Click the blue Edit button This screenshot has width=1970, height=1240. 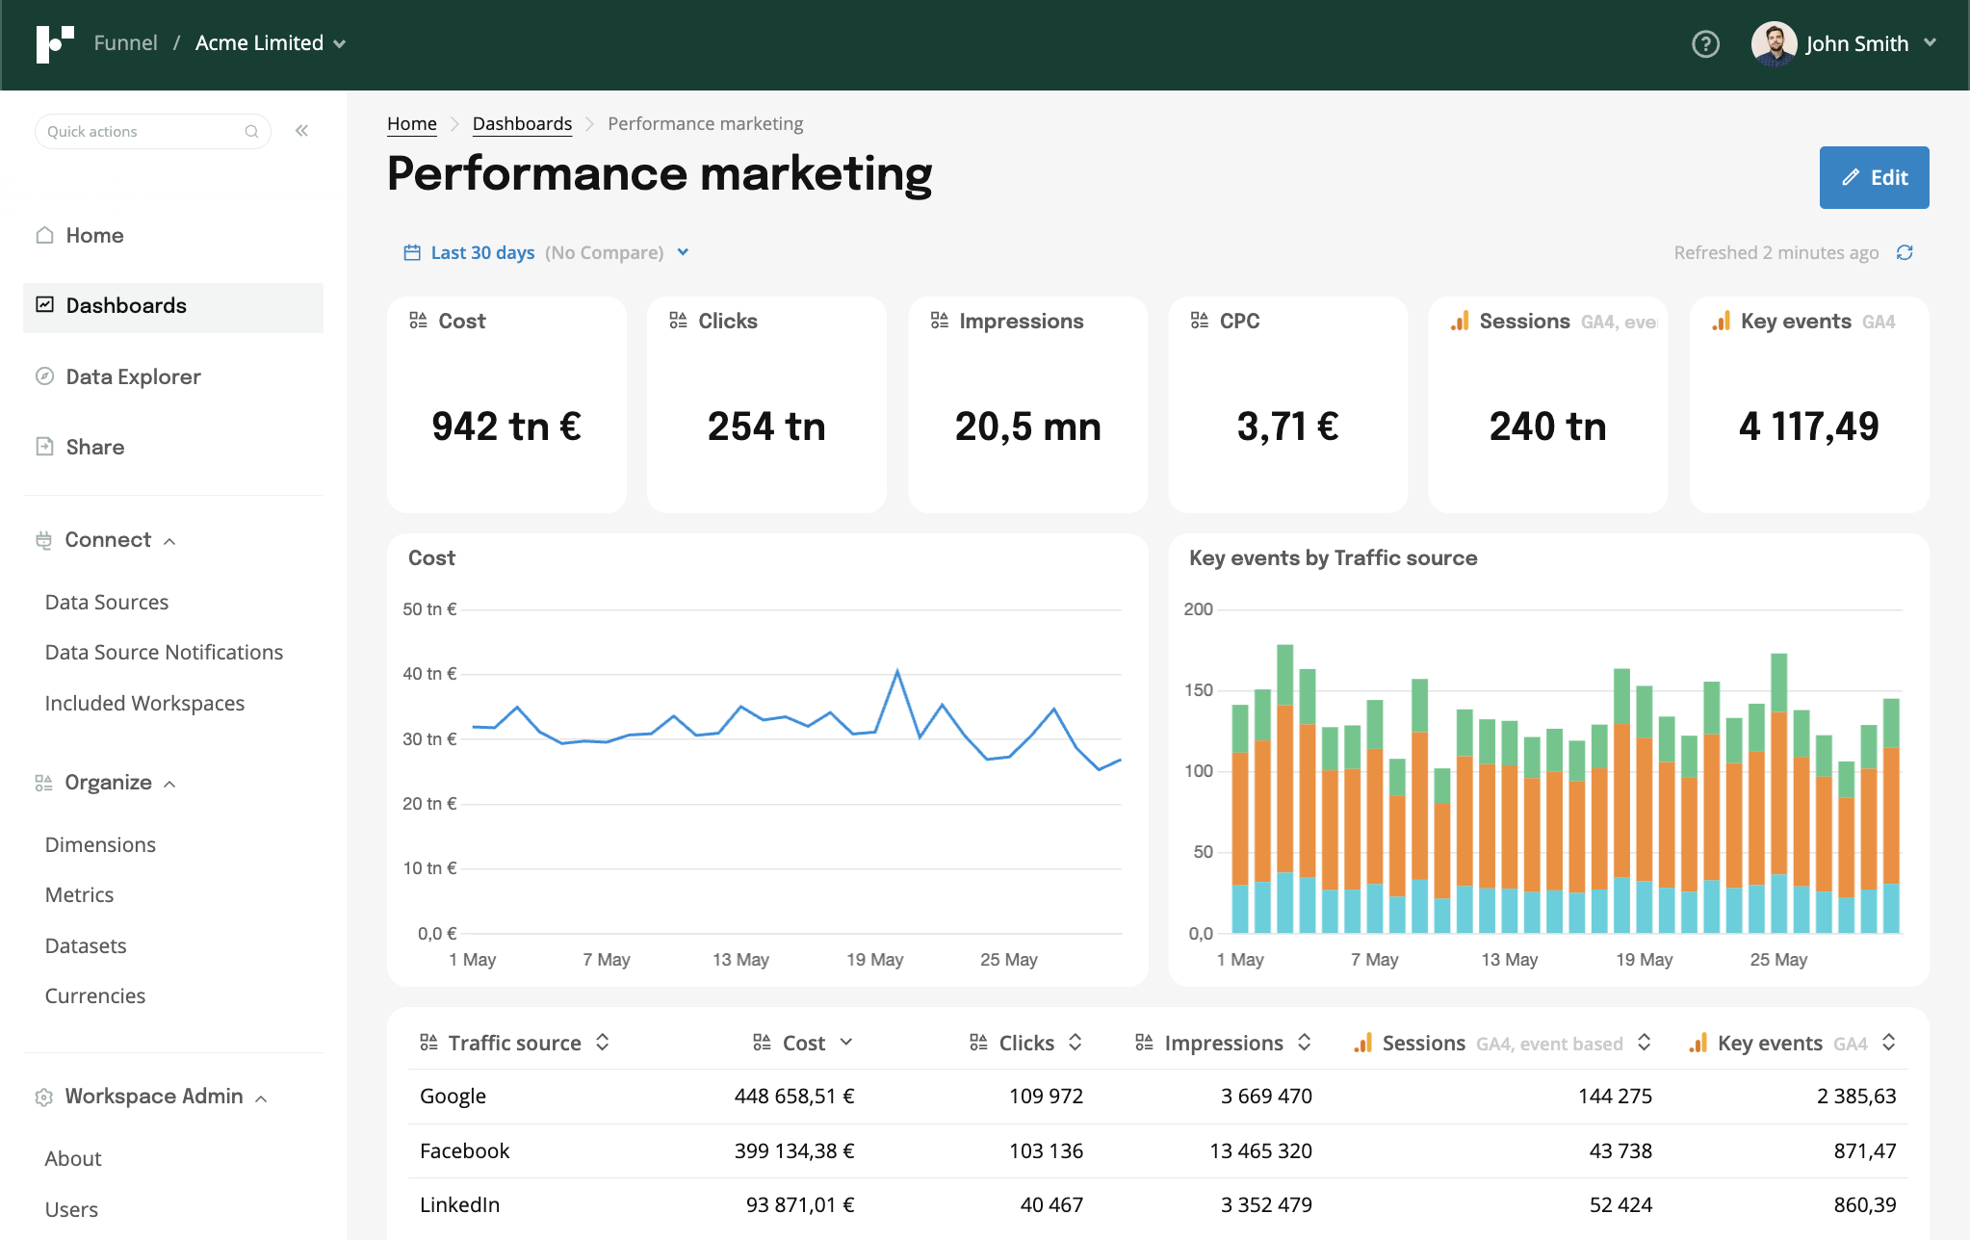pyautogui.click(x=1873, y=177)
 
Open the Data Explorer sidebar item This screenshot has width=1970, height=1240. pyautogui.click(x=133, y=376)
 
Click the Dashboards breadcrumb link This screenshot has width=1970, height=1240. pyautogui.click(x=522, y=123)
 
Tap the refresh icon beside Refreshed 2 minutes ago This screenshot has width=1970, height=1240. pyautogui.click(x=1904, y=252)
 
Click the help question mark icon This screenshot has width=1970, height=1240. pyautogui.click(x=1705, y=43)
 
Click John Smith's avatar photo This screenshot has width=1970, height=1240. pyautogui.click(x=1774, y=43)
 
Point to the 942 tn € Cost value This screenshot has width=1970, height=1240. pyautogui.click(x=506, y=426)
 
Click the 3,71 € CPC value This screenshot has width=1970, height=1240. pyautogui.click(x=1287, y=426)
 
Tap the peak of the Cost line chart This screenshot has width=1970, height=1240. pyautogui.click(x=897, y=671)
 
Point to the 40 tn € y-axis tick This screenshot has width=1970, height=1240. pyautogui.click(x=429, y=674)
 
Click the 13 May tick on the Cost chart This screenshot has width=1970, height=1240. pyautogui.click(x=740, y=960)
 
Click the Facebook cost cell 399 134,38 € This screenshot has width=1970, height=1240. pyautogui.click(x=793, y=1150)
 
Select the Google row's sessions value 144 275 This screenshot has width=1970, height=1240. pyautogui.click(x=1615, y=1096)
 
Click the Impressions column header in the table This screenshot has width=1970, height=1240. pyautogui.click(x=1223, y=1043)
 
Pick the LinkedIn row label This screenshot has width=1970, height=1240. pyautogui.click(x=459, y=1204)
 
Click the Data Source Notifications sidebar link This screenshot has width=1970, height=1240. pyautogui.click(x=164, y=652)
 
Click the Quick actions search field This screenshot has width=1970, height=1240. pyautogui.click(x=144, y=131)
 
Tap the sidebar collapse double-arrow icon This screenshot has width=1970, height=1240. pyautogui.click(x=301, y=131)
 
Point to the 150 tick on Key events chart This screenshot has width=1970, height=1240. pyautogui.click(x=1198, y=690)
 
